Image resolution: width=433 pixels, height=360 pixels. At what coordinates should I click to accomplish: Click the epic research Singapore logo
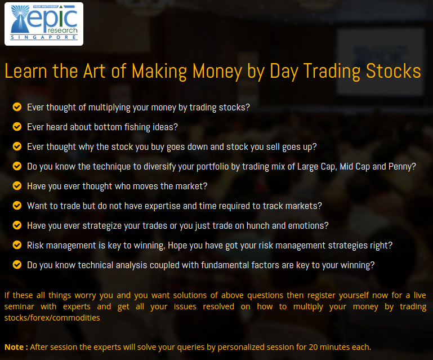tap(44, 24)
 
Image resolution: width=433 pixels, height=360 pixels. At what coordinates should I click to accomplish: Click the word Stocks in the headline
tap(393, 71)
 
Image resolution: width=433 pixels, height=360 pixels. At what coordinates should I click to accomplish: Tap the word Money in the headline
tap(217, 72)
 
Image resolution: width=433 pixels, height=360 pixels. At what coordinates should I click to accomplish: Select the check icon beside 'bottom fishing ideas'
tap(17, 127)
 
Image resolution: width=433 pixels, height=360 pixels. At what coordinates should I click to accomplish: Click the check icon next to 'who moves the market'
tap(17, 186)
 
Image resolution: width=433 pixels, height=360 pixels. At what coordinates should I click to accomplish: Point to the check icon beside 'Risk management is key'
tap(17, 245)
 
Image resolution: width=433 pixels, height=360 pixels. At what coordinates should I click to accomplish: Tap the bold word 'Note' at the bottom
tap(14, 347)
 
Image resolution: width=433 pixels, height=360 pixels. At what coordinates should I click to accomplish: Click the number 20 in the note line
tap(313, 347)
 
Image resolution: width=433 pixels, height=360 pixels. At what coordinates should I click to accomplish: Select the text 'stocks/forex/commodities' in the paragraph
tap(52, 318)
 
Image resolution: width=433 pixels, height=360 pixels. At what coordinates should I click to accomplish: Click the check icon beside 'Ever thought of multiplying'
tap(17, 106)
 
